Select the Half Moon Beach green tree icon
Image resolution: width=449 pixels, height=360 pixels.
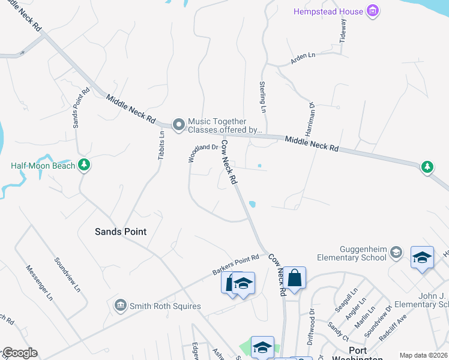pyautogui.click(x=84, y=166)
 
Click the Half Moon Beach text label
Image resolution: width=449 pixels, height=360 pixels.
pyautogui.click(x=43, y=166)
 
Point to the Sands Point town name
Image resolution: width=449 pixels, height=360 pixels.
pyautogui.click(x=121, y=231)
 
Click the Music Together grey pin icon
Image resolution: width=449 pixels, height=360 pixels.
pyautogui.click(x=178, y=125)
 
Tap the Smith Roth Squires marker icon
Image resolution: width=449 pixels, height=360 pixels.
pyautogui.click(x=120, y=306)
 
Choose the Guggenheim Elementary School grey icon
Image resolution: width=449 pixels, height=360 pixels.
pyautogui.click(x=396, y=252)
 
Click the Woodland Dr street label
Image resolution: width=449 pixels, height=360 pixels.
pyautogui.click(x=202, y=153)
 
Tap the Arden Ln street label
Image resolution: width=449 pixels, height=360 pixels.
pyautogui.click(x=303, y=57)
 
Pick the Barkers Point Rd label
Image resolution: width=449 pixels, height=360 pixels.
pyautogui.click(x=235, y=265)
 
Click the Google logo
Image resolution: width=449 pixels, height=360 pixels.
pyautogui.click(x=20, y=353)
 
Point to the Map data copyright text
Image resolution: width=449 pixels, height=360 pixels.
pyautogui.click(x=423, y=355)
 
